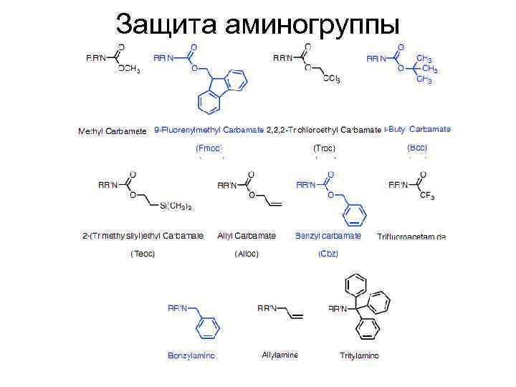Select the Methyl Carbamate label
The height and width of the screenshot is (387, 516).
(x=112, y=131)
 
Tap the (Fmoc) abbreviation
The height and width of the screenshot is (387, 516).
(x=209, y=148)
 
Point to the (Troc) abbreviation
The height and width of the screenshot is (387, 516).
(x=324, y=148)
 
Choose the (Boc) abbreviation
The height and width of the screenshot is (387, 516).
(x=417, y=147)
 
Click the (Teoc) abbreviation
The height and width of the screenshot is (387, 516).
(x=143, y=254)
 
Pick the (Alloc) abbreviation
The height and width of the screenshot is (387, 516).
(x=247, y=254)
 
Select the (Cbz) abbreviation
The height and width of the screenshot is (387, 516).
(x=328, y=254)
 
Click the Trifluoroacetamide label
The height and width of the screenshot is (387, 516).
(x=411, y=236)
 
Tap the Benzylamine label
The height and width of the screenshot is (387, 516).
(x=191, y=355)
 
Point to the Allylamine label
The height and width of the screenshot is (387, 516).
(x=280, y=355)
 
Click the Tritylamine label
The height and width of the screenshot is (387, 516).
(x=359, y=355)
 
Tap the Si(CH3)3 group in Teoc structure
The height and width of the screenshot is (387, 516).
(x=176, y=206)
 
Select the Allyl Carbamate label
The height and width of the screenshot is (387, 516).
(x=247, y=235)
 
